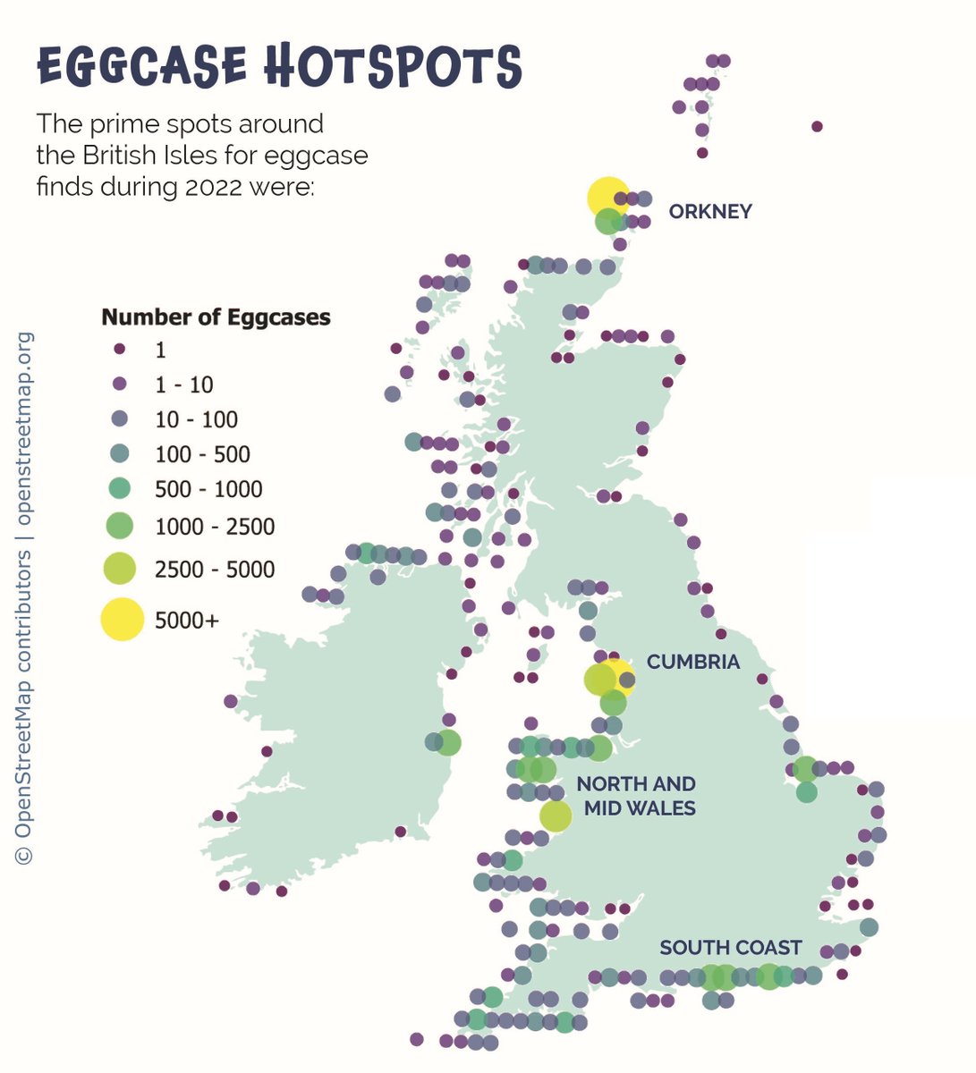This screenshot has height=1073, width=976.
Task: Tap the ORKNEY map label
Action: point(710,212)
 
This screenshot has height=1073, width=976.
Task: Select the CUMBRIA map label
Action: point(693,663)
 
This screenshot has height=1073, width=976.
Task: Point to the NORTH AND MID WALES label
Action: point(636,796)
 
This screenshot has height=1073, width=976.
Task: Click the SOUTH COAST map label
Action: point(730,948)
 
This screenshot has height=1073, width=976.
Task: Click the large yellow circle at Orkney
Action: point(607,197)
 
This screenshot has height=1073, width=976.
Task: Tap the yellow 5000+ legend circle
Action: point(121,620)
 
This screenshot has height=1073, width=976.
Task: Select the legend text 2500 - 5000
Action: point(215,570)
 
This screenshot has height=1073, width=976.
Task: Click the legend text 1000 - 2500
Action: point(215,527)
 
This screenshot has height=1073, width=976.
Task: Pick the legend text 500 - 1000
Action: point(208,489)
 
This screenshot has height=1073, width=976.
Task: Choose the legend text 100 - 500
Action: point(202,454)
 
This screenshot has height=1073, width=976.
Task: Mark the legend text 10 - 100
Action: point(196,419)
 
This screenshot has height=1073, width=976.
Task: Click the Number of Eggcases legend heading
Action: point(216,317)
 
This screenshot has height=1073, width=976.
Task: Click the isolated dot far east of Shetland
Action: point(817,126)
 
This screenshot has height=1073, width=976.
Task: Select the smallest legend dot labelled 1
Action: point(120,349)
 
